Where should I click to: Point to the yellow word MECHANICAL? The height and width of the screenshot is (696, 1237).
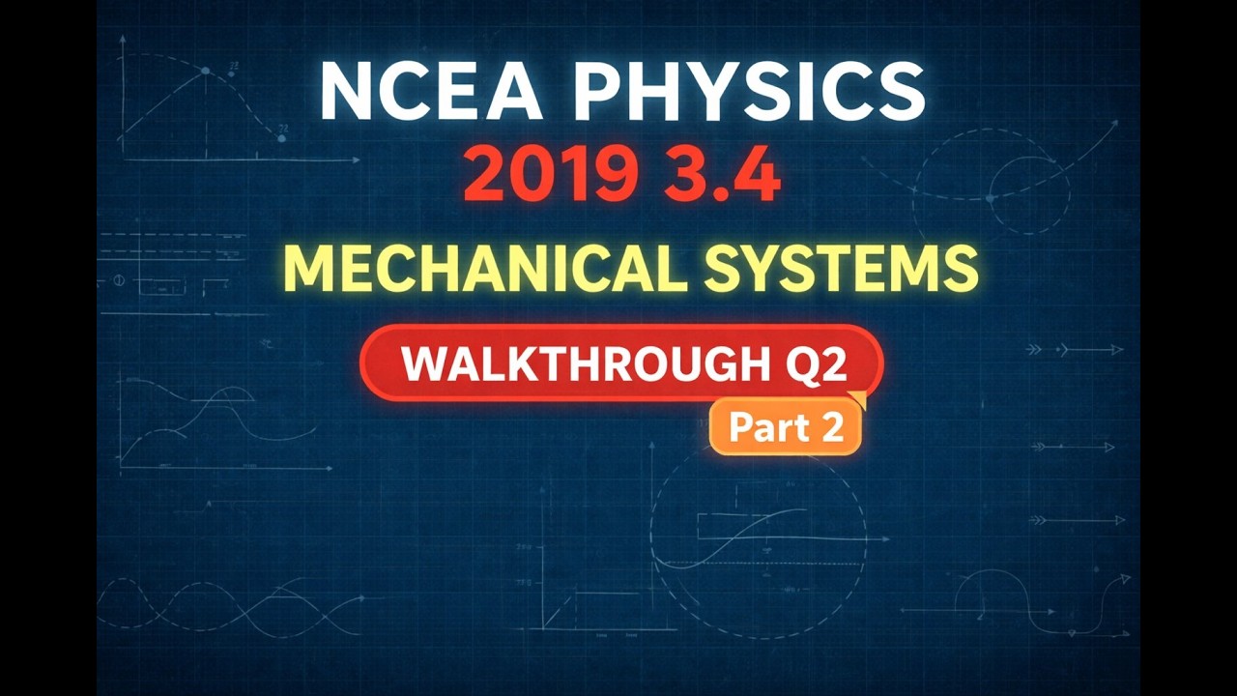[x=483, y=269]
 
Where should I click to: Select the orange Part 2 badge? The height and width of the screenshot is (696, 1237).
[x=786, y=427]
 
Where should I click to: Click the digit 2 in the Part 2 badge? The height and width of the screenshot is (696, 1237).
[x=833, y=427]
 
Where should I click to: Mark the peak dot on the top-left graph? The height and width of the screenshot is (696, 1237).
[x=205, y=71]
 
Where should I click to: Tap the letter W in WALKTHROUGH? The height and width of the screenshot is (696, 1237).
[x=424, y=363]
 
